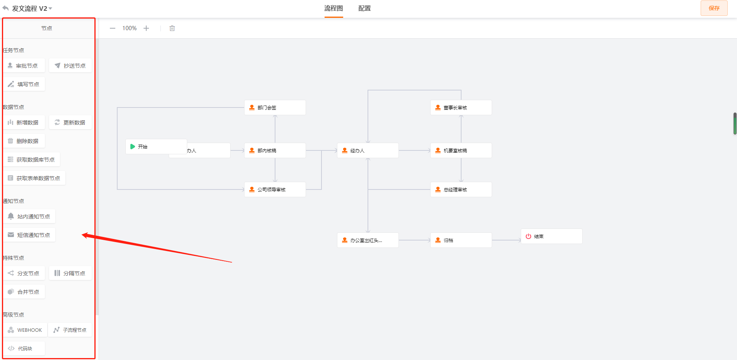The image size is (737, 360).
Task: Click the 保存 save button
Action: pos(714,8)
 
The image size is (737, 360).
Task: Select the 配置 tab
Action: pos(364,8)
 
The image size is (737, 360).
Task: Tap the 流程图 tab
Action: pos(333,8)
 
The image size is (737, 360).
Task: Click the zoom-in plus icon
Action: pos(146,28)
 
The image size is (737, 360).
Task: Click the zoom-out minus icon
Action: pos(113,28)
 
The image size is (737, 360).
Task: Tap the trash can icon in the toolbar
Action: pos(172,28)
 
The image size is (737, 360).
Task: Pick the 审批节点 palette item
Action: pos(24,66)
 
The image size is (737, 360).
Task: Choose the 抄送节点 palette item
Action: pos(70,66)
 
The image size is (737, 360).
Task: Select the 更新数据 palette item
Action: pos(70,123)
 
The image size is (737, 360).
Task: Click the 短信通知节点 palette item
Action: pos(29,235)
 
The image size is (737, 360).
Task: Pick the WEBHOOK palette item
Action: pos(26,330)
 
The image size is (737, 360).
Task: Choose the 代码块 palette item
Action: pos(24,348)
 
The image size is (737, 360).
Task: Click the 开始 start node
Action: pos(156,147)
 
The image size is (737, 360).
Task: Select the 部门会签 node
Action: pos(275,107)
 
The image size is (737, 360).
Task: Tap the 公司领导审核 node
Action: pos(275,189)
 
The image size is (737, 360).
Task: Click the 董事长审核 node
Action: pos(461,107)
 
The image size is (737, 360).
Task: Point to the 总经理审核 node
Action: pos(461,189)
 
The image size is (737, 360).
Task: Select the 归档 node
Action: pos(461,240)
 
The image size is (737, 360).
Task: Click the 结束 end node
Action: pos(551,236)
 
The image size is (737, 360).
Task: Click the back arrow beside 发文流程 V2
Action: pos(5,8)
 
